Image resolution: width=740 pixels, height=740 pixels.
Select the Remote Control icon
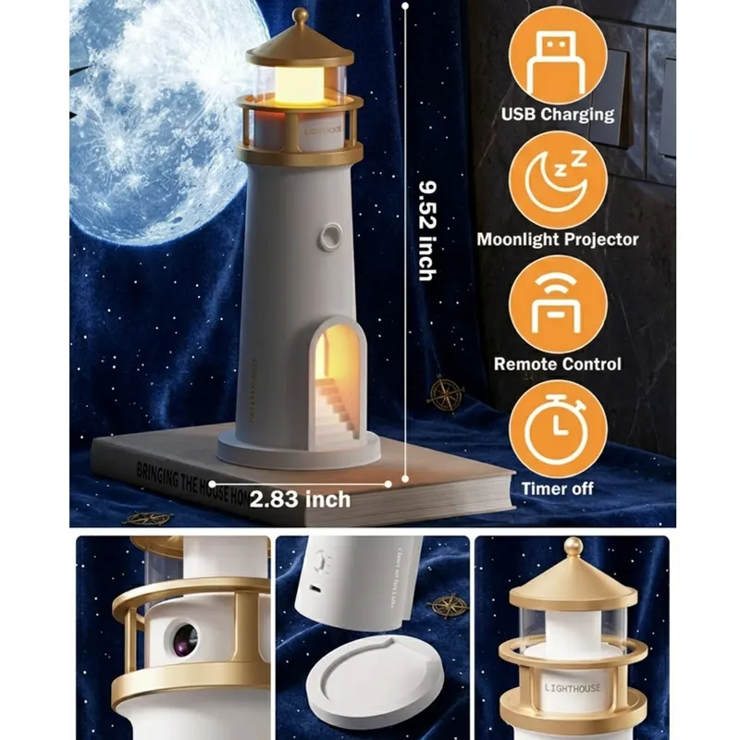tap(557, 303)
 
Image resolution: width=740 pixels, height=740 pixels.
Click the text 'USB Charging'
tap(557, 115)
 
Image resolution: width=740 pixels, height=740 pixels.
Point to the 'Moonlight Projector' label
tap(557, 240)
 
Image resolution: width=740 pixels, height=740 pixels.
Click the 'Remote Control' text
tap(557, 364)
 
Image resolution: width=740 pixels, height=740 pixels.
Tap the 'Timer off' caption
tap(557, 487)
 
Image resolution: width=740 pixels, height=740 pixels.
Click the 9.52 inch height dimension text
tap(426, 228)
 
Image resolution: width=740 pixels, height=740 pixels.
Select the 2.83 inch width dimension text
tap(301, 499)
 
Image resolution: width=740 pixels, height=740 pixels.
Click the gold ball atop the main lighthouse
tap(300, 16)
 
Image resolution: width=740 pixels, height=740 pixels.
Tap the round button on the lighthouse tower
tap(327, 238)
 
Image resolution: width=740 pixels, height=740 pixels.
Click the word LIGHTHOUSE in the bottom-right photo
tap(573, 688)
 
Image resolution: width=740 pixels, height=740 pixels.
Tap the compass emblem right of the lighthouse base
tap(446, 394)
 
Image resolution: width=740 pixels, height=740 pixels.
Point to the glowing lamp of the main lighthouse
tap(300, 81)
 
